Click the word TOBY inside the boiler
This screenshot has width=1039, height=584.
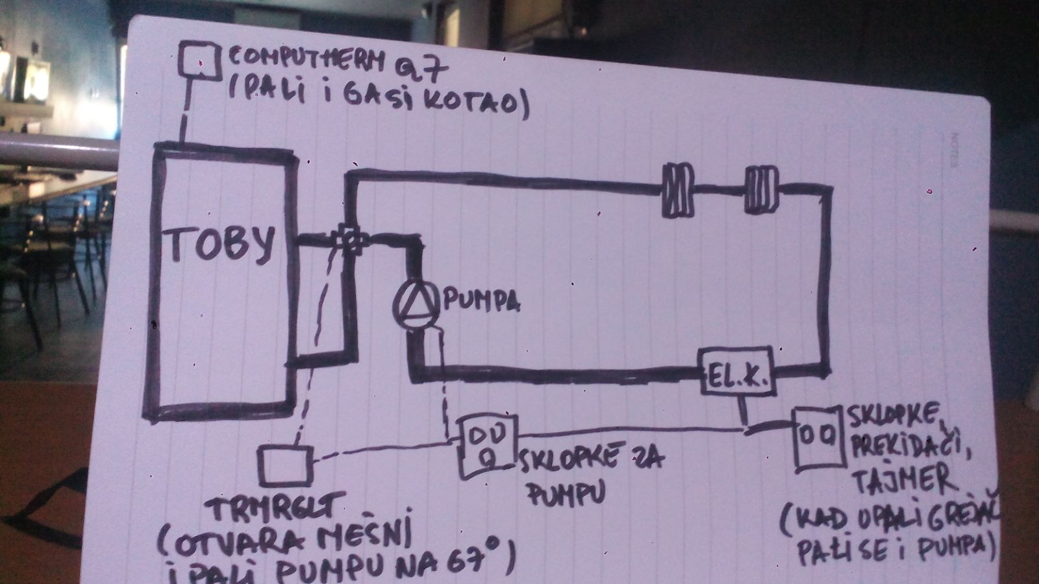point(221,245)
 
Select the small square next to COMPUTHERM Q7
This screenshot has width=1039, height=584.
point(199,60)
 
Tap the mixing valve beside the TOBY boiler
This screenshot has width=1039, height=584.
point(351,240)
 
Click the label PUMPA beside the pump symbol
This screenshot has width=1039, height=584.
point(481,302)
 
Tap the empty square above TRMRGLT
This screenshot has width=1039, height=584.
point(284,465)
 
